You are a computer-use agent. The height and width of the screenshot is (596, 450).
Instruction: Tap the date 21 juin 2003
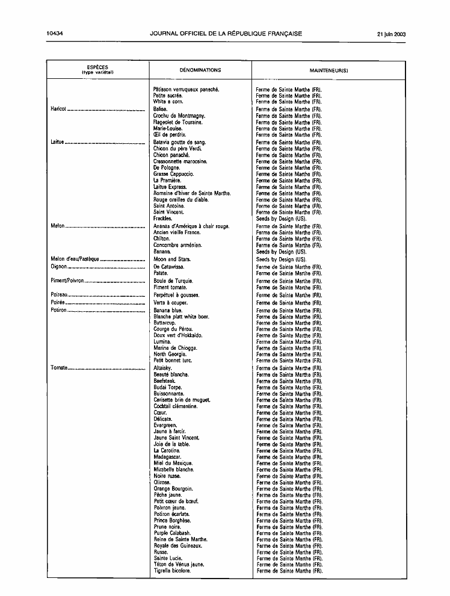click(391, 34)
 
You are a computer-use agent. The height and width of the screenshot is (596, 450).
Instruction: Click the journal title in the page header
click(226, 34)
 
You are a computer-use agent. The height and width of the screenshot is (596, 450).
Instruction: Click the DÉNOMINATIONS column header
click(200, 70)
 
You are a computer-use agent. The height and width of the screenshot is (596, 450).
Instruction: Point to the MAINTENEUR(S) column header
click(328, 70)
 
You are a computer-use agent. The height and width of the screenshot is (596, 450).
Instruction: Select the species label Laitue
click(58, 142)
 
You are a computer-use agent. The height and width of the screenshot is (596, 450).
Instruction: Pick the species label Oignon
click(58, 266)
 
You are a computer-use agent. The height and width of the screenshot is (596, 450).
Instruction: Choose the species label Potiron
click(58, 311)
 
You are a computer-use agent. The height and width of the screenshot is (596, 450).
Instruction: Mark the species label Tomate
click(58, 368)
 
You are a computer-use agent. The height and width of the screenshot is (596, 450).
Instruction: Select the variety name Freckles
click(162, 219)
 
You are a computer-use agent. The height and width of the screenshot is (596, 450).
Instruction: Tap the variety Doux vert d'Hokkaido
click(178, 335)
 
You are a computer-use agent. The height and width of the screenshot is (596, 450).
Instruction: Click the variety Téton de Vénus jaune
click(179, 564)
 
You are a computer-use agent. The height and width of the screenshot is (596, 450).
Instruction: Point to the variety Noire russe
click(167, 476)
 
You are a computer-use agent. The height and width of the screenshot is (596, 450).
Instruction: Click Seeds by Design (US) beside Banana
click(281, 252)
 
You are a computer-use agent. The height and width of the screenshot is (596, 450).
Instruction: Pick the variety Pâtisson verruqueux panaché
click(186, 89)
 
